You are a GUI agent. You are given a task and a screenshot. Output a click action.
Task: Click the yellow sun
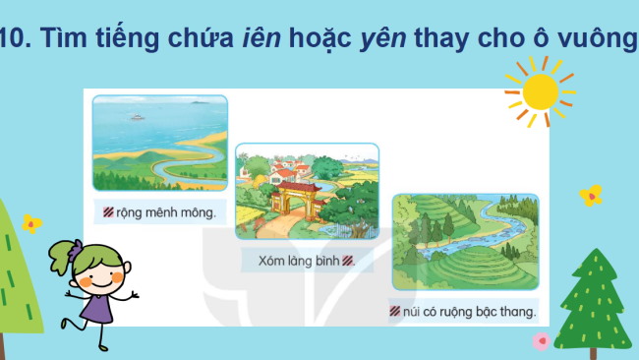tap(540, 90)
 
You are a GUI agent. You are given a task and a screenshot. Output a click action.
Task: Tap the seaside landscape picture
tap(159, 144)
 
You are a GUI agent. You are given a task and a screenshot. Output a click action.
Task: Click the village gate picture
tap(307, 191)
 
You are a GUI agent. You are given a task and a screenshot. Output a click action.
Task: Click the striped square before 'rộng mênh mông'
tap(108, 211)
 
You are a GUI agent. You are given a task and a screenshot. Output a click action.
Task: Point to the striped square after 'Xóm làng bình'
tap(348, 262)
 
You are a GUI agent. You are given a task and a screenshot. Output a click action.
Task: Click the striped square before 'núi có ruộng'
tap(394, 313)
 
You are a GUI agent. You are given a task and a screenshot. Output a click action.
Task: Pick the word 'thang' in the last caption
tap(519, 313)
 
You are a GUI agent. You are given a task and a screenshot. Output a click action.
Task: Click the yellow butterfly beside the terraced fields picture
tap(591, 195)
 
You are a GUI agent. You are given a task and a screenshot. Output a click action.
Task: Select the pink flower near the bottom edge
tap(540, 341)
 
